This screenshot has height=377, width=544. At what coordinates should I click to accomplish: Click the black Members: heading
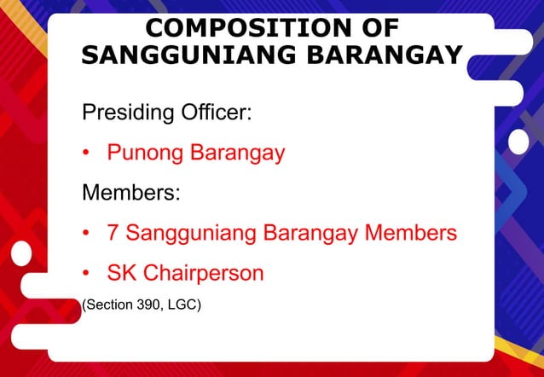pos(130,192)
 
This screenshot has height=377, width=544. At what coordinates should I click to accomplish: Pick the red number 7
pos(113,232)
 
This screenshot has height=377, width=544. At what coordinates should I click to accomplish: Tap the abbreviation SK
pos(121,274)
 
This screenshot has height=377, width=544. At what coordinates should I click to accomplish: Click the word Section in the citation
pos(108,303)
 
